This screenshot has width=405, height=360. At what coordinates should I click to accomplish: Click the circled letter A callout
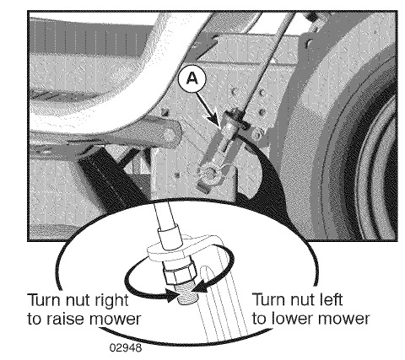192,78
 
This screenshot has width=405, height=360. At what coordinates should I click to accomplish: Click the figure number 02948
126,348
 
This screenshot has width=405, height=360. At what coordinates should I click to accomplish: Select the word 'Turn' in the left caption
45,300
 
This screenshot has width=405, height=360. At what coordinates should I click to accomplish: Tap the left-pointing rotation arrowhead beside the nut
202,288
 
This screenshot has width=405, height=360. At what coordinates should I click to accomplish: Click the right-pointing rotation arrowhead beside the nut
171,296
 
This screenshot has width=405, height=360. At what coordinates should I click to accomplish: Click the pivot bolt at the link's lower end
208,172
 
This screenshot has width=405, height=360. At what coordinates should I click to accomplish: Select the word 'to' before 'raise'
35,320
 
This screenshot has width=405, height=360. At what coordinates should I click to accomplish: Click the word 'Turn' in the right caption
269,299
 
